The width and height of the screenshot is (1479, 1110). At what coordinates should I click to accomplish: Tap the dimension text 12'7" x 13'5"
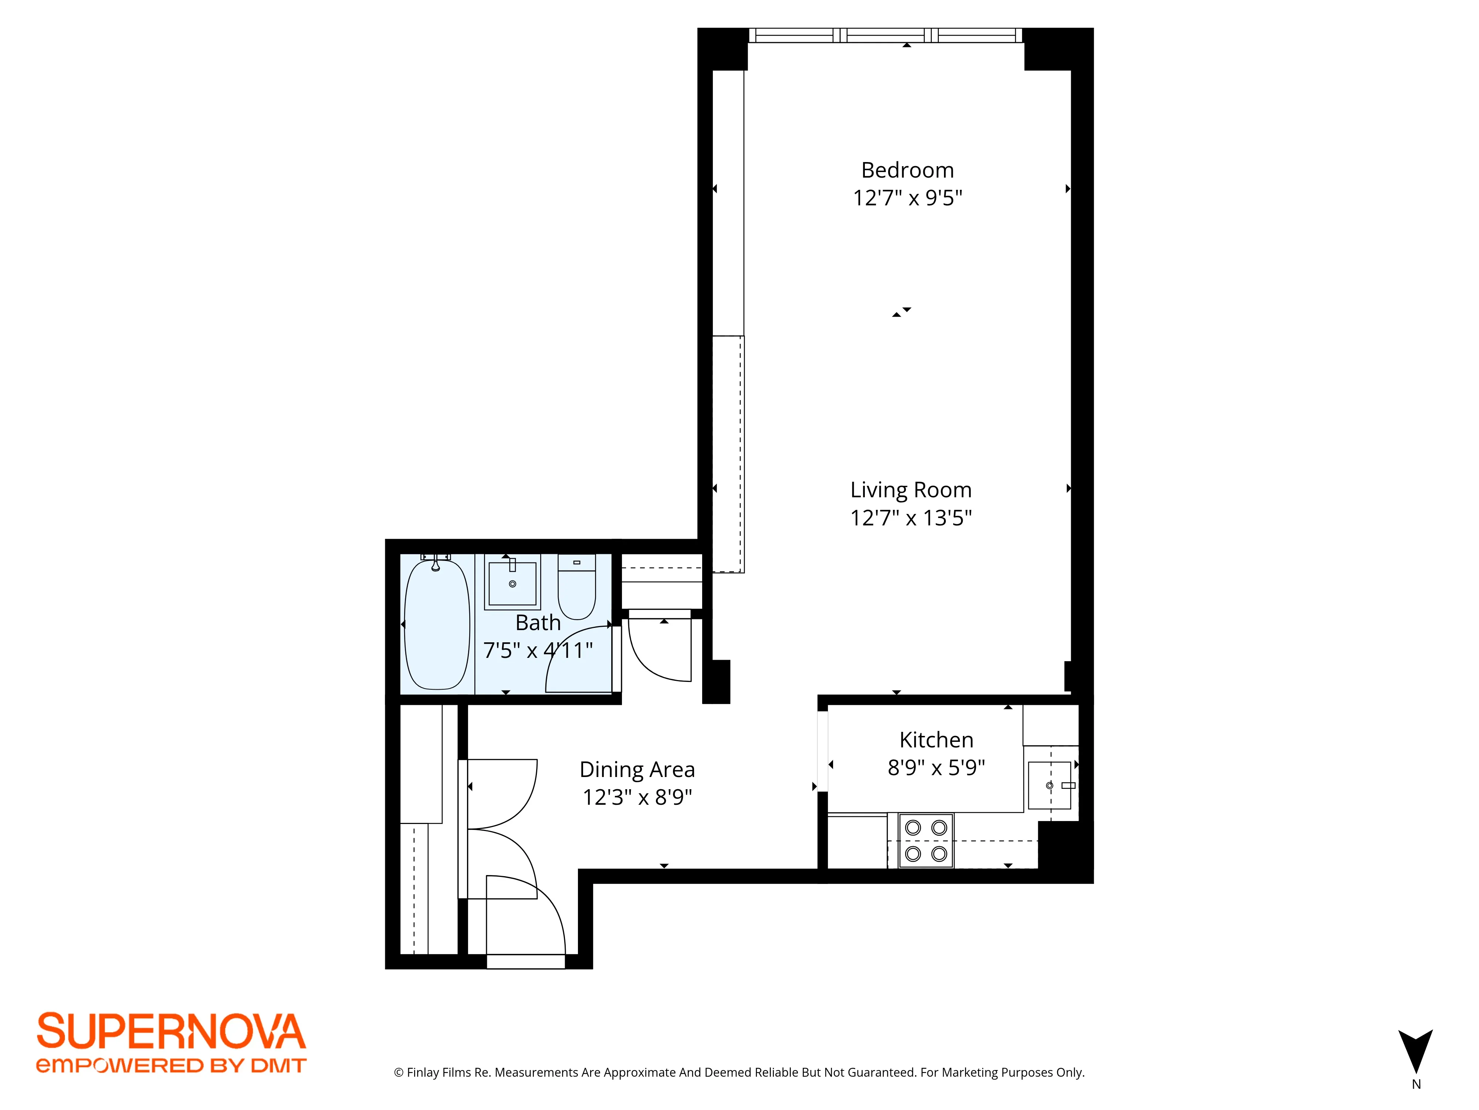(x=911, y=518)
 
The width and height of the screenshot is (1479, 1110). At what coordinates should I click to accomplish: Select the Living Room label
(x=911, y=490)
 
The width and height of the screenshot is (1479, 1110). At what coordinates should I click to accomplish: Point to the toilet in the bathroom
(x=576, y=588)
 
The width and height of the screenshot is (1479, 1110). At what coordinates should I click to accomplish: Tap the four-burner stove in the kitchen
(x=926, y=840)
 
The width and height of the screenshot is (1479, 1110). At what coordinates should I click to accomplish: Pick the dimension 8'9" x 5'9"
(x=936, y=767)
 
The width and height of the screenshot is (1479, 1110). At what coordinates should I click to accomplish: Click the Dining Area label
(x=637, y=770)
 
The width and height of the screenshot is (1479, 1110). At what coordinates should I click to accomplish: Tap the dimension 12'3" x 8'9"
(x=637, y=798)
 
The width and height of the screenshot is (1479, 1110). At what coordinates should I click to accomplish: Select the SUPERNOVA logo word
(x=171, y=1031)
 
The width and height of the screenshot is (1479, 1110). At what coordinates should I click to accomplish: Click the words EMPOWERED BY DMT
(x=171, y=1065)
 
